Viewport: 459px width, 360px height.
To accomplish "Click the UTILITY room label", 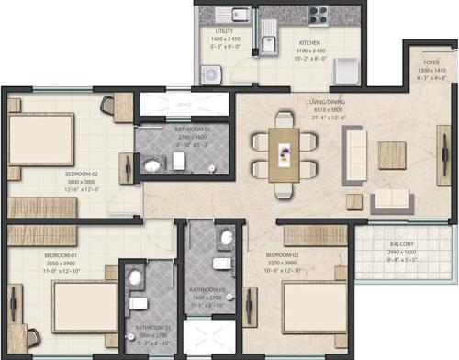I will (223, 31).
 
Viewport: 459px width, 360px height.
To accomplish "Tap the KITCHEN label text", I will (309, 42).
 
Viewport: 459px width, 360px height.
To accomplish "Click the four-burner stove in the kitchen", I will (319, 15).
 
